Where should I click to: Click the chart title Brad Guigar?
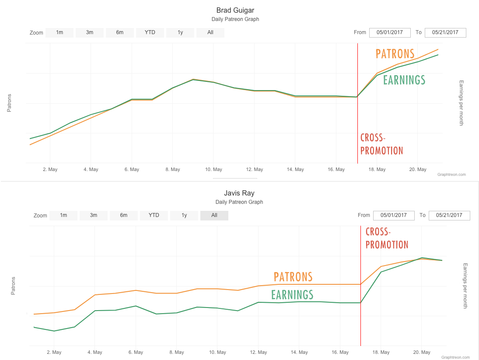tap(235, 10)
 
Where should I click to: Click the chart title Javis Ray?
tap(239, 193)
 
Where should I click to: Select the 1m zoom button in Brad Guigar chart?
tap(59, 33)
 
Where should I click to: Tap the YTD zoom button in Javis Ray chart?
tap(154, 215)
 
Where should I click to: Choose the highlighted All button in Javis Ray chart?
tap(214, 215)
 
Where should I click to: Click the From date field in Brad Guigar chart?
tap(390, 33)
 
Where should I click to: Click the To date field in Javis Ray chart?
tap(449, 215)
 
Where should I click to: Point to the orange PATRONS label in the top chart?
tap(395, 54)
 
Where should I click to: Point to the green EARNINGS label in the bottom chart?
tap(292, 294)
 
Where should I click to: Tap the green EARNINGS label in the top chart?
tap(404, 80)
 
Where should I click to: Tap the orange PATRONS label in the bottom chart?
tap(293, 277)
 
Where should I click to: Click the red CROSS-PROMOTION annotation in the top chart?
tap(381, 144)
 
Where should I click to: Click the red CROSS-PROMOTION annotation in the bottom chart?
tap(387, 238)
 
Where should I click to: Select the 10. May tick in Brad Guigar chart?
tap(213, 170)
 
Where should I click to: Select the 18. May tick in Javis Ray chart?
tap(381, 353)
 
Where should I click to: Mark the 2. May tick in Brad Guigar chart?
tap(50, 170)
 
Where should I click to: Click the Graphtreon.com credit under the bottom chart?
tap(455, 357)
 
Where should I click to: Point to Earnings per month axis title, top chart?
tap(461, 103)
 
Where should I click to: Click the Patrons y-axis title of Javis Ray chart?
tap(13, 286)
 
